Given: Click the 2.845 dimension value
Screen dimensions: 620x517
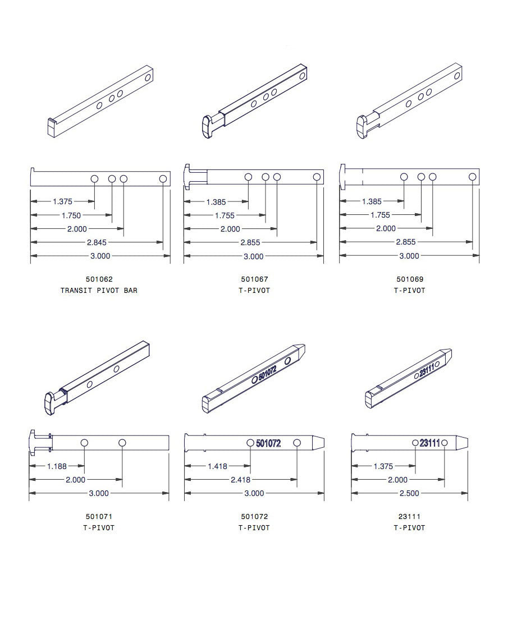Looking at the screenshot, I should [97, 242].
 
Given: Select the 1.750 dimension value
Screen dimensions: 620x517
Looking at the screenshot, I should [71, 215].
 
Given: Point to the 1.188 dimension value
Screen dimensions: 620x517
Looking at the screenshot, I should [57, 466].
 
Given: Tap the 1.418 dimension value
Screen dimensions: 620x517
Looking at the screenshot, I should [217, 466].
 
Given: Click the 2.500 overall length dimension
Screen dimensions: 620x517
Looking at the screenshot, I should [409, 493].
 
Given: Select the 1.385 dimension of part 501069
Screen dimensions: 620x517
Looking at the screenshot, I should [372, 201].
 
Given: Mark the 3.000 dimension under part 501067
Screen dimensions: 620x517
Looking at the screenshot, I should [253, 256].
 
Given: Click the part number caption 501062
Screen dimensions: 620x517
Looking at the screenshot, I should [99, 279].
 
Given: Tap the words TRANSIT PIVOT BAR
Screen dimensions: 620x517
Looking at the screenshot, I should [99, 291].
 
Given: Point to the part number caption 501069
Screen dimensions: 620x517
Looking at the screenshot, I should [410, 279].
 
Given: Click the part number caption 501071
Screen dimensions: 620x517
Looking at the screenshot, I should [99, 516].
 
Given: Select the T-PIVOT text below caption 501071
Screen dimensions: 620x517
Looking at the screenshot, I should [99, 528].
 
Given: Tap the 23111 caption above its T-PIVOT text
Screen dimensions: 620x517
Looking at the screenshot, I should [410, 516].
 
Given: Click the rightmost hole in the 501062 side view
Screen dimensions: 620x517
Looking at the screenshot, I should [163, 178].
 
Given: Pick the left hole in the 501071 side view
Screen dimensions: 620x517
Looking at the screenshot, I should [84, 443].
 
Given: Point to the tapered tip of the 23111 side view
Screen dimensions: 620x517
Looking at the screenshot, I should [461, 442].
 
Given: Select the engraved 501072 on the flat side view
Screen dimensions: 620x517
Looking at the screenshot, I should [276, 443].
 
